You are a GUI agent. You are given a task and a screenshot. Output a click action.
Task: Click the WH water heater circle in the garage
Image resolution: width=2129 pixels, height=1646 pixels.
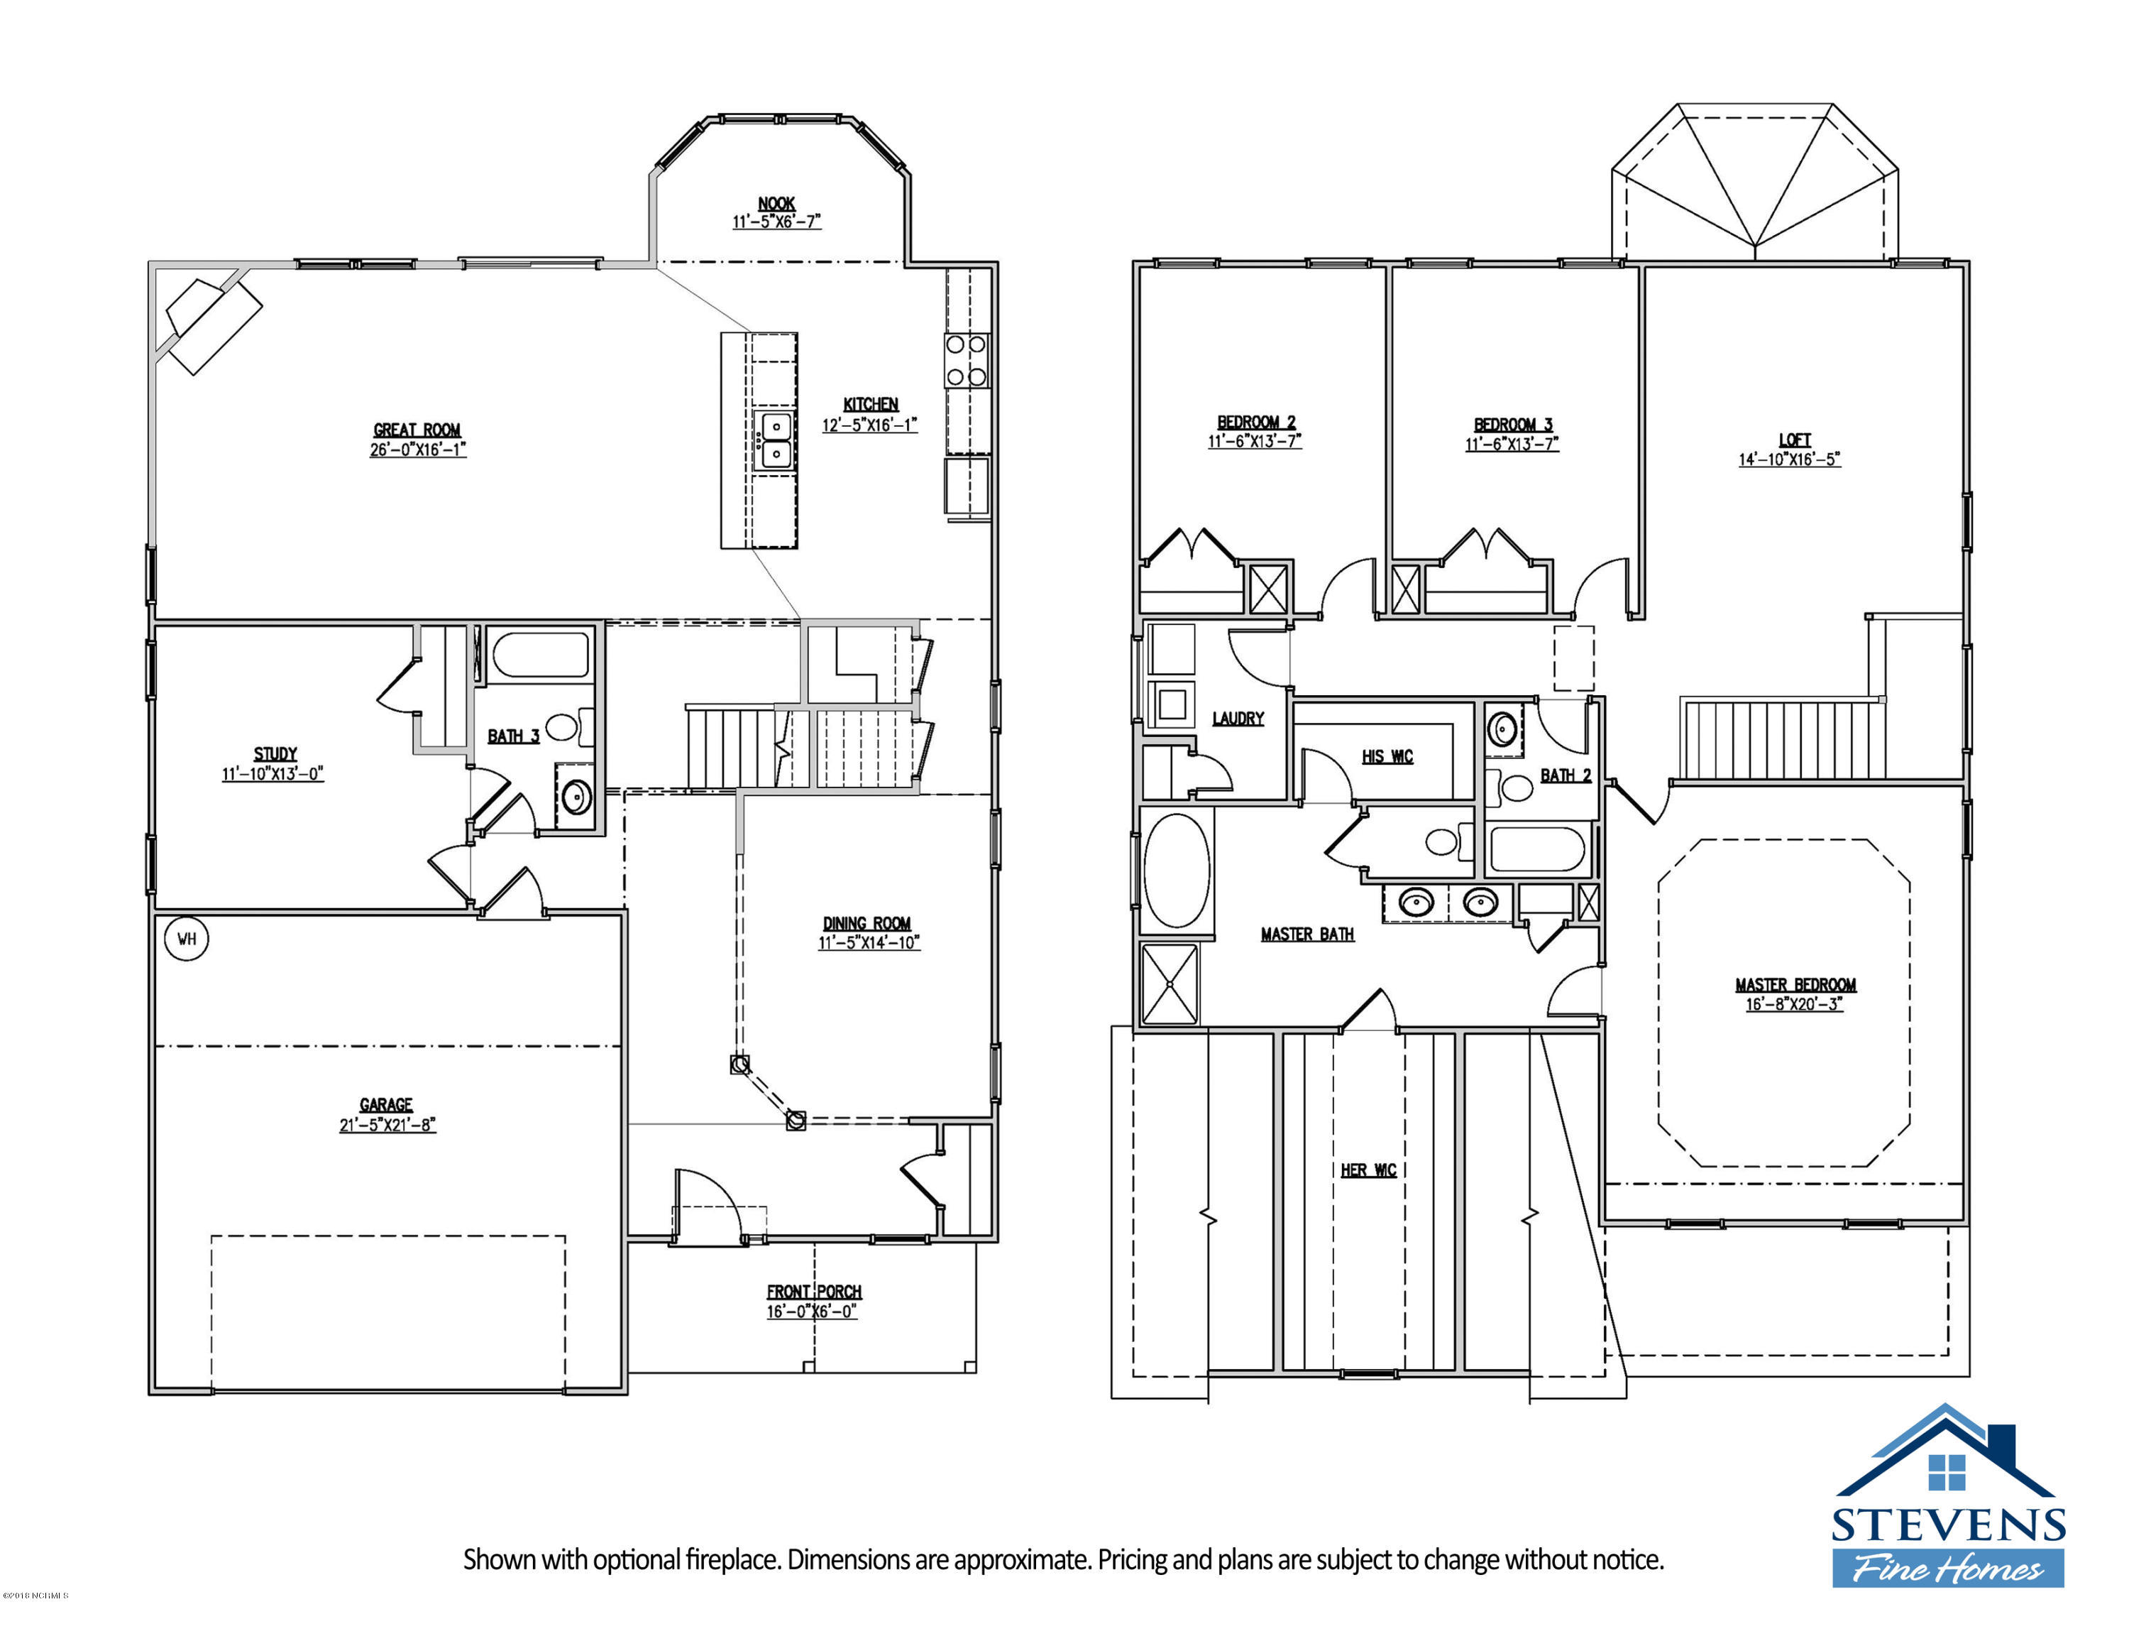click(x=186, y=939)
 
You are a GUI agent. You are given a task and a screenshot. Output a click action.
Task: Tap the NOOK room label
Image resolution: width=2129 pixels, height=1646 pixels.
click(x=777, y=204)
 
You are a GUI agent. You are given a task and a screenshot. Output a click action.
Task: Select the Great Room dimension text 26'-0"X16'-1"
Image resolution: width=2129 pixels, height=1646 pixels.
click(x=418, y=450)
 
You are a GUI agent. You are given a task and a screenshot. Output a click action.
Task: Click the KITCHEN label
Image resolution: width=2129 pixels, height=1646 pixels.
click(x=871, y=404)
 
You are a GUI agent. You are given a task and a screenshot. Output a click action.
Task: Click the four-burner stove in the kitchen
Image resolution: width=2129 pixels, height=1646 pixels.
click(x=966, y=360)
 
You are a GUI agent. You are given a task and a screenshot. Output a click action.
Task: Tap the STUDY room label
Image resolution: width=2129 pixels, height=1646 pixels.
click(x=275, y=754)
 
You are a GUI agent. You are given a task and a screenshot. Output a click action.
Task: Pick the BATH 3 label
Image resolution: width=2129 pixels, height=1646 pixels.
click(x=513, y=736)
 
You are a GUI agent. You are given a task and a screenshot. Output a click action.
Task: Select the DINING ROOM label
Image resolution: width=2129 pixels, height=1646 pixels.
click(x=867, y=922)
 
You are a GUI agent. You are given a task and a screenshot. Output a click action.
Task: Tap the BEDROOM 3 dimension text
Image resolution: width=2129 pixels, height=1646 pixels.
click(x=1512, y=445)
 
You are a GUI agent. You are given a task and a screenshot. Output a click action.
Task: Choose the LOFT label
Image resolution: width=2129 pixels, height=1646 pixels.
click(x=1795, y=440)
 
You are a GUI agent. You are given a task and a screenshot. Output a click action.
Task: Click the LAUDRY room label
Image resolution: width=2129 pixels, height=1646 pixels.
click(x=1238, y=719)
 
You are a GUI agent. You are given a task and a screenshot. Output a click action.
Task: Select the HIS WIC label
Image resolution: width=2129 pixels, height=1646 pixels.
click(x=1387, y=757)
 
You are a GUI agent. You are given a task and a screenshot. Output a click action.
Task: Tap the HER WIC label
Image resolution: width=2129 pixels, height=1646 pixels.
click(x=1369, y=1170)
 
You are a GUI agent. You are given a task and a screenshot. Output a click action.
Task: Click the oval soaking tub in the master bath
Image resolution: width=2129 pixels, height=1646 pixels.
click(x=1177, y=870)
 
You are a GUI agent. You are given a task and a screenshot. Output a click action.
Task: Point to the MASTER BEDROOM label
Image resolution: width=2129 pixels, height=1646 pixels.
click(x=1795, y=985)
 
